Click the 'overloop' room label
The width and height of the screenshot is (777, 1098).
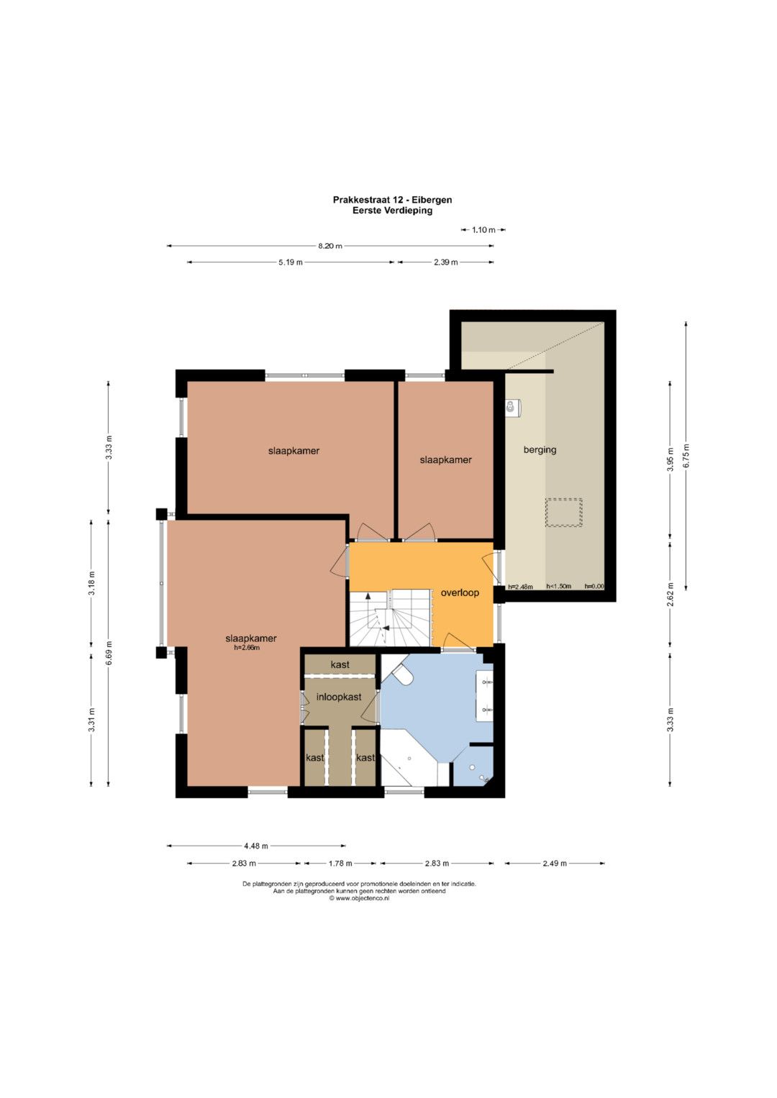coord(460,593)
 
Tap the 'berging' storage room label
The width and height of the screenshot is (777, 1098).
coord(540,449)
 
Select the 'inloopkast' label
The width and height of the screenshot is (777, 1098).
coord(338,697)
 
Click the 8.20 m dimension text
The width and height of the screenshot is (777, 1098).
coord(330,246)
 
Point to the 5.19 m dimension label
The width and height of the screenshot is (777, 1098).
coord(291,262)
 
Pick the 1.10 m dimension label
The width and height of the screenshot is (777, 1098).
coord(483,230)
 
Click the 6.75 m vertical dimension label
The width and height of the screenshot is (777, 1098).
coord(686,455)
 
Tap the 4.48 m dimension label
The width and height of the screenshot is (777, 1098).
coord(256,846)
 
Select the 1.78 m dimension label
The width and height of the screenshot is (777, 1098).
coord(340,863)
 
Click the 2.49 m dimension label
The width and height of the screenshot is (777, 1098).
coord(555,863)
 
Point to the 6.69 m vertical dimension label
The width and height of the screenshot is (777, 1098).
coord(109,653)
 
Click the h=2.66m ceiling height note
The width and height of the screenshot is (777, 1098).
coord(247,648)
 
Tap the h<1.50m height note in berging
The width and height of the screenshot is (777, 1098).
coord(559,586)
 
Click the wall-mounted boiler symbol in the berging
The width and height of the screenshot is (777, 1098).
coord(512,407)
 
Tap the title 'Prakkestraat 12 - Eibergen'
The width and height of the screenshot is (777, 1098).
coord(392,200)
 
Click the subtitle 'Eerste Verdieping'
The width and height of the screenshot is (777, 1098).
coord(392,210)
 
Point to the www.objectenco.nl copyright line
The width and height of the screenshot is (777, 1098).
coord(359,899)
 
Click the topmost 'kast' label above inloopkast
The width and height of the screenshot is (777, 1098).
coord(340,664)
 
